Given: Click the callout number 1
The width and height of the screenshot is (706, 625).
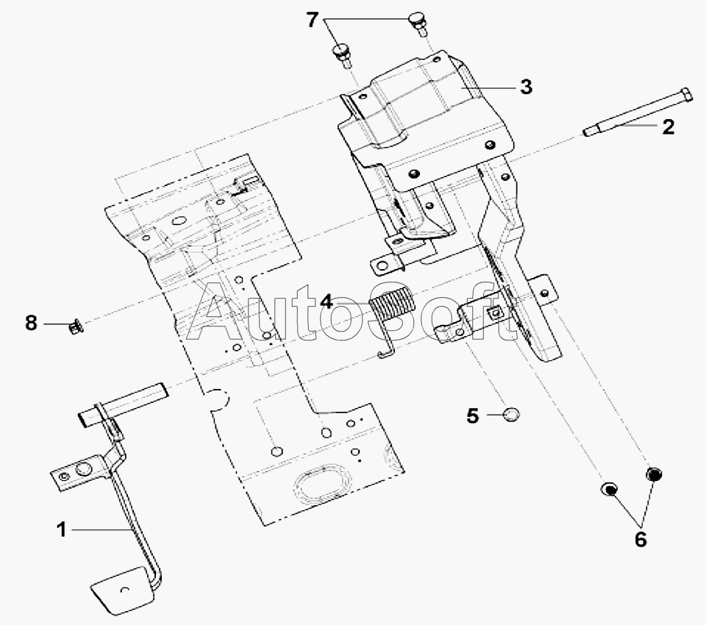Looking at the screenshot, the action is coord(62,529).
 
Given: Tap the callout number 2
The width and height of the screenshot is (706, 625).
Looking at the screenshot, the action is coord(668,127).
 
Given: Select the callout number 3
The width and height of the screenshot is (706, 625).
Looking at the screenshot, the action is coord(526,86).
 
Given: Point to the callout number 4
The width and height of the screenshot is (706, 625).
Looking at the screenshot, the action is coord(327,301).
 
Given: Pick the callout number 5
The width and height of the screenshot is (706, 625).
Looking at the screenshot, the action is coord(472,415).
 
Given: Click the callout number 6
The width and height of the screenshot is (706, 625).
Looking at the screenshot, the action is coord(641,539).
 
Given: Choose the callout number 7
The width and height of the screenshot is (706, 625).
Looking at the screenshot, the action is coord(313,21).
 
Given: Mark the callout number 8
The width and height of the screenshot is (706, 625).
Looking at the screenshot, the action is coord(31,323).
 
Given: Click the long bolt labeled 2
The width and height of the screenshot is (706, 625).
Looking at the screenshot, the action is coord(637,111).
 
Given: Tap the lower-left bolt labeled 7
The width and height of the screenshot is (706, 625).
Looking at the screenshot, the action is coord(342,55).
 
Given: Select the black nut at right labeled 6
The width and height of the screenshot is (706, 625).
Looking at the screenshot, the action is coord(654,474).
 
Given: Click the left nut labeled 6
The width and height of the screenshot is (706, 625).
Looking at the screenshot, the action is coord(608,489).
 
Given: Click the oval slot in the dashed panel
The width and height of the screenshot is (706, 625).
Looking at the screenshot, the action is coord(323,484).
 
